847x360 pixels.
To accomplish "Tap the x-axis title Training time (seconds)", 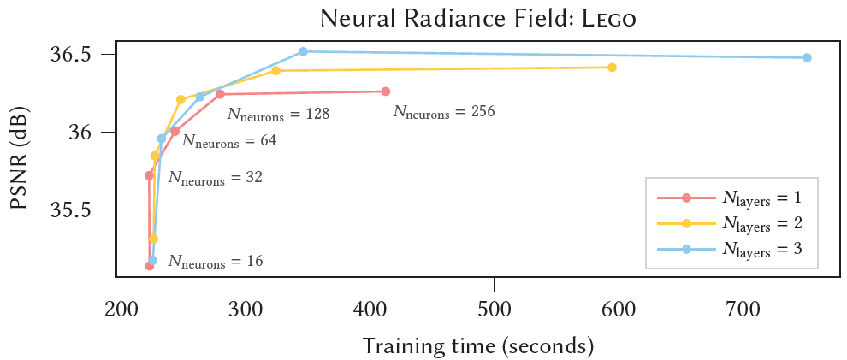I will pos(477,345).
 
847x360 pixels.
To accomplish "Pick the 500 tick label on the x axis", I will pos(494,308).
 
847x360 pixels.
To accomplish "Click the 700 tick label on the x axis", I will pos(742,308).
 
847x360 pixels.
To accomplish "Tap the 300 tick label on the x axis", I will pos(246,308).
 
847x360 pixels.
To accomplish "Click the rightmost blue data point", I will pos(807,58).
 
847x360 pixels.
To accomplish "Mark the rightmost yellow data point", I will pos(612,68).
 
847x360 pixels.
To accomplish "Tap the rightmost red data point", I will pos(386,91).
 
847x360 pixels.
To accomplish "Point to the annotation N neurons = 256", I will pos(444,112).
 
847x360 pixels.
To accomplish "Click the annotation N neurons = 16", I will pos(215,262).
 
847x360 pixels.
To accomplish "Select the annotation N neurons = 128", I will pos(278,114).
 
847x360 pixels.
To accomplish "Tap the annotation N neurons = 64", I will pos(229,141).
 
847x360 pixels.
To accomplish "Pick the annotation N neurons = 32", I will pos(215,179).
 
